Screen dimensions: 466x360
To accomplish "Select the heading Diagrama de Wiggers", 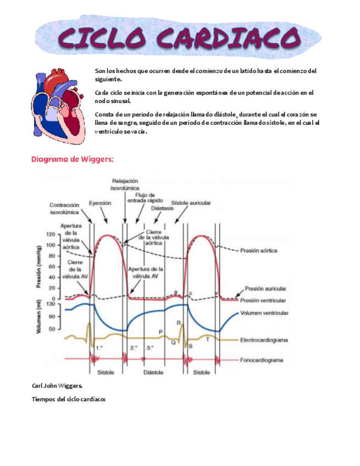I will point(72,159).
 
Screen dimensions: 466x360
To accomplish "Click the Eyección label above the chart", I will point(100,203).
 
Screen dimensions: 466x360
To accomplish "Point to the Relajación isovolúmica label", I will point(125,184).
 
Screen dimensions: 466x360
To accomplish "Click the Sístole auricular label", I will point(191,203).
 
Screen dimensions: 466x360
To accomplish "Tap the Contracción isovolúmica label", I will point(64,208).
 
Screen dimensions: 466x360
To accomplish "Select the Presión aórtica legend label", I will point(258,250).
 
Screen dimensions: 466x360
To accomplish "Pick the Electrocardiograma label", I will point(264,340).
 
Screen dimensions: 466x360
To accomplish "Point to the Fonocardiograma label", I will point(262,360).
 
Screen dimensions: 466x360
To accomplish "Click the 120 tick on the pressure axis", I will point(51,234).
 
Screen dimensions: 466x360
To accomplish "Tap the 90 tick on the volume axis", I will point(52,317).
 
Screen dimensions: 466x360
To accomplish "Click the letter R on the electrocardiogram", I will point(178,323).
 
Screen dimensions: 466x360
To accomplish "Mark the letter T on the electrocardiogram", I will point(207,340).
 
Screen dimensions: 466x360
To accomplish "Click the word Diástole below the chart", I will point(153,372).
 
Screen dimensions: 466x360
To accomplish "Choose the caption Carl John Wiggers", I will point(58,387).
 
